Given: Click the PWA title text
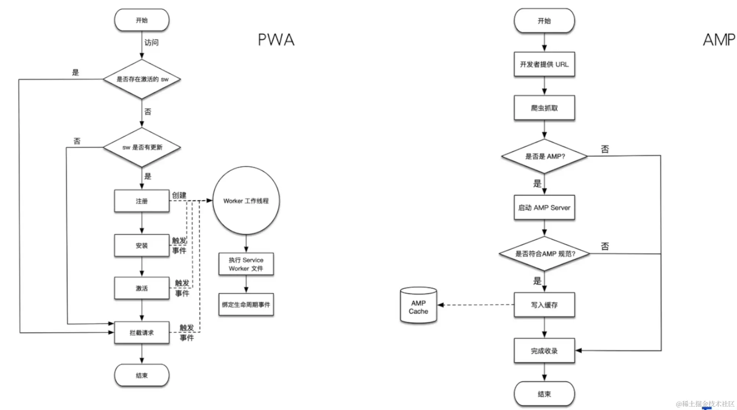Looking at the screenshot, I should [276, 40].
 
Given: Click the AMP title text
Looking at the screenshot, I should [719, 40].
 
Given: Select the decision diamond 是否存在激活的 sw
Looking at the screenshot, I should [142, 79].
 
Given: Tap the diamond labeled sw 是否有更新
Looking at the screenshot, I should [142, 147].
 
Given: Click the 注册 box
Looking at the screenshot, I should [142, 201].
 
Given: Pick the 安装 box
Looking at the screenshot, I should [142, 246].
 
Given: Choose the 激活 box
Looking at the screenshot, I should [142, 289].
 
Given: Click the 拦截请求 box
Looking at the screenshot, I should [142, 333].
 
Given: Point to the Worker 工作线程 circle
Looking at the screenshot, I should [246, 201].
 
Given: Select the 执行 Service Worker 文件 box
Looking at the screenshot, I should [246, 264].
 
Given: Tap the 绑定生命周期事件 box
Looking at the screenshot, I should [246, 305].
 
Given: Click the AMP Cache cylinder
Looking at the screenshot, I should [418, 307].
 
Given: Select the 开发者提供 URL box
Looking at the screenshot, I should [544, 64].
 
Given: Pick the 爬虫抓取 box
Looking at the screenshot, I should [544, 108].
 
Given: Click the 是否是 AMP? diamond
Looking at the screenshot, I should [544, 156].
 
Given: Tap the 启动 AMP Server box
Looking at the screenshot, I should [544, 208].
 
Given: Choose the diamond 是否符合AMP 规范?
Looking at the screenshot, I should [544, 254].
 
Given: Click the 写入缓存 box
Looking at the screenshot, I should [544, 305].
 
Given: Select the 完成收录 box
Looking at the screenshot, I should [544, 351].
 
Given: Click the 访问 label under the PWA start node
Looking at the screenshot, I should [151, 43].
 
